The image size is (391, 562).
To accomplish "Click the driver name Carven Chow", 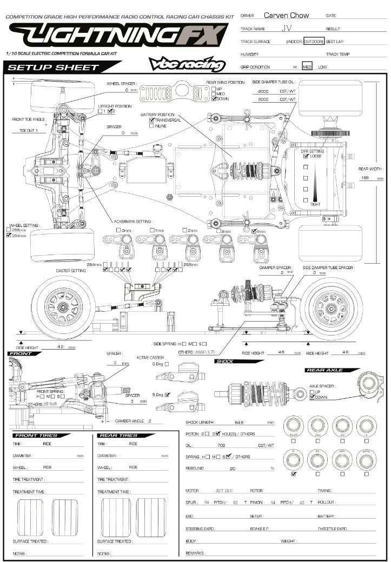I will click(286, 15).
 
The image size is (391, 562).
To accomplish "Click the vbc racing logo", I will click(187, 64).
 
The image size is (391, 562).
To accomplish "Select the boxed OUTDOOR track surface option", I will click(313, 42).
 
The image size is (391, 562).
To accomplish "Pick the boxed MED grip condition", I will click(307, 67).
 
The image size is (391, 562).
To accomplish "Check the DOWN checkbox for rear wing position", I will click(214, 99).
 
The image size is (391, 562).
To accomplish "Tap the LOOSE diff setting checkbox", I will click(307, 156).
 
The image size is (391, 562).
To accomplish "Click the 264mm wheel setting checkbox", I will click(9, 236).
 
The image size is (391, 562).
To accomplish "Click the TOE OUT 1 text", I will click(29, 131).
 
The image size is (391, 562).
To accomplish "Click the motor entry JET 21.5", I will click(223, 491).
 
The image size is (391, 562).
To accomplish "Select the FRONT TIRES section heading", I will click(35, 435).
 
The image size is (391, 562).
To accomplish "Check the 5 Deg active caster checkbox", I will click(167, 394).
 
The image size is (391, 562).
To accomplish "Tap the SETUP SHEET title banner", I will click(54, 68).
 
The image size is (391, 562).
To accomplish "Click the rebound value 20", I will click(233, 468).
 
